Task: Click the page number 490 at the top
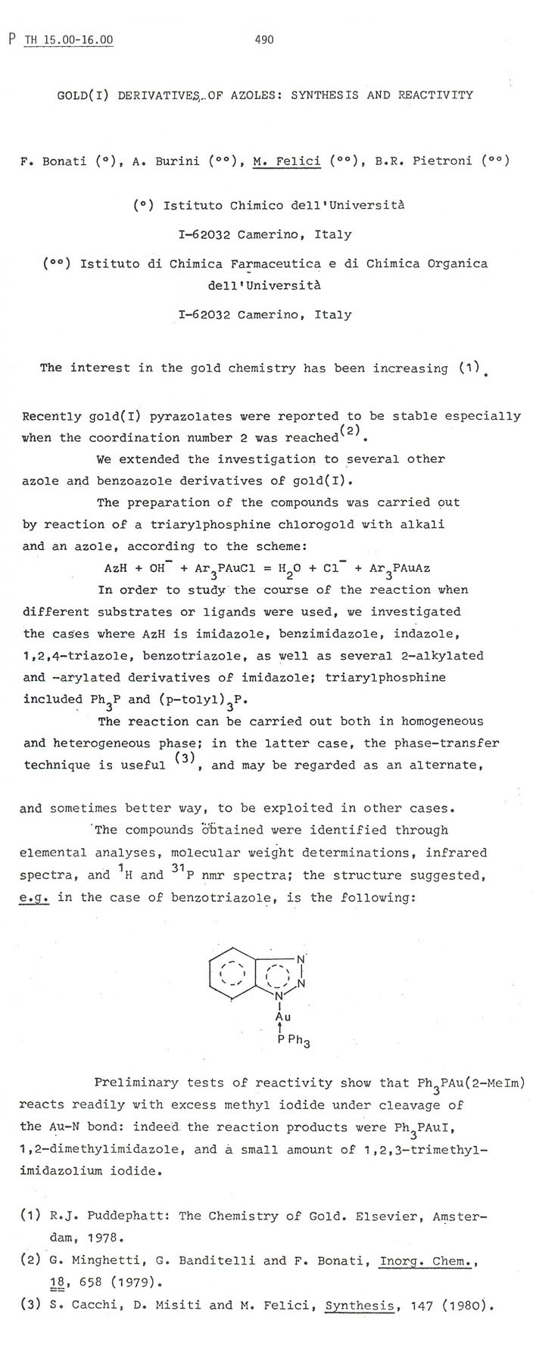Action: [x=264, y=39]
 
